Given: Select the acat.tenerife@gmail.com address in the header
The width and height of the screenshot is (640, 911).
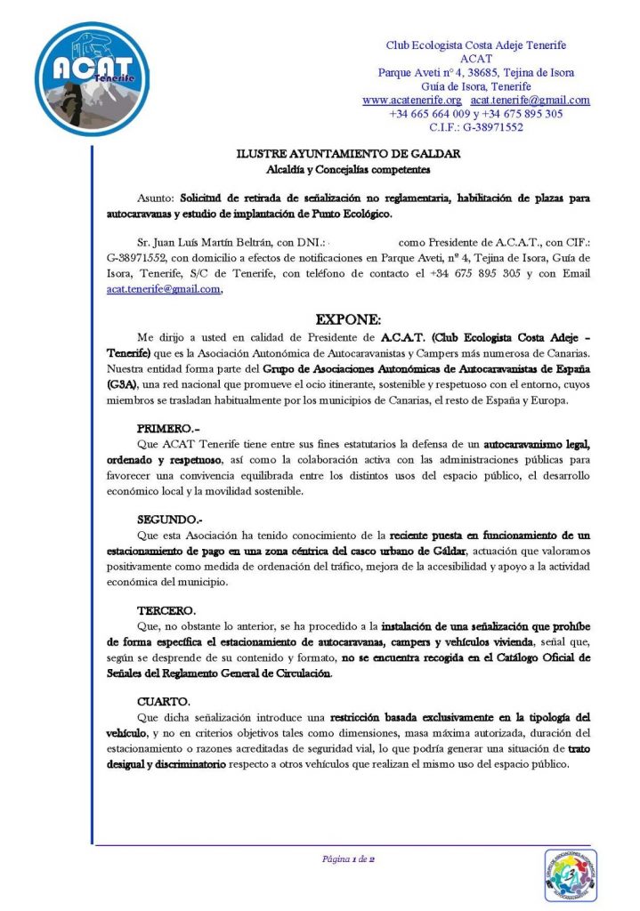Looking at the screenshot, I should (529, 101).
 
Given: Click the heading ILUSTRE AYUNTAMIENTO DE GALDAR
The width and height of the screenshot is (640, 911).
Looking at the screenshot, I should (349, 154).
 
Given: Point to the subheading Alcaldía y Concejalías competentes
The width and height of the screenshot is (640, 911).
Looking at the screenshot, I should (349, 168).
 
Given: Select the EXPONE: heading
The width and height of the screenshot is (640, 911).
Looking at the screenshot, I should (349, 319).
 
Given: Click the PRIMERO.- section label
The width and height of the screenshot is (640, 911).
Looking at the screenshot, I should (168, 429).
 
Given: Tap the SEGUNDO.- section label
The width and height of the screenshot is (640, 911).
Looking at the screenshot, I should (170, 519).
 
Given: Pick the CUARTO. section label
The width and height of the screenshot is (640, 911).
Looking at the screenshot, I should (164, 703).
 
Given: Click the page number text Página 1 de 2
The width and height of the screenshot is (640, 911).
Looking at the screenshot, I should (348, 859).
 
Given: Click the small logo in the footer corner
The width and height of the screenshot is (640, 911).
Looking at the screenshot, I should (570, 875).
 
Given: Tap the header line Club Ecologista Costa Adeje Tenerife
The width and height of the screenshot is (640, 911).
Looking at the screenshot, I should (475, 45).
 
